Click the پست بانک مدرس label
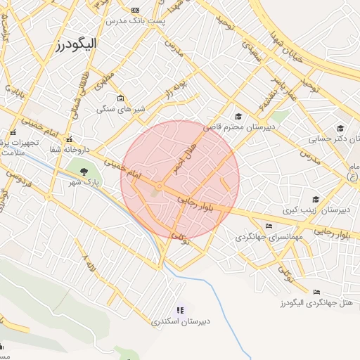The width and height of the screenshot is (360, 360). [136, 20]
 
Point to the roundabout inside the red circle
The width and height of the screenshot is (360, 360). [161, 186]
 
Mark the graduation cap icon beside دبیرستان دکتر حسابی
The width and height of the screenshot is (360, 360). [340, 129]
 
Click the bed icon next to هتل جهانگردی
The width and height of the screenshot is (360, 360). [316, 292]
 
